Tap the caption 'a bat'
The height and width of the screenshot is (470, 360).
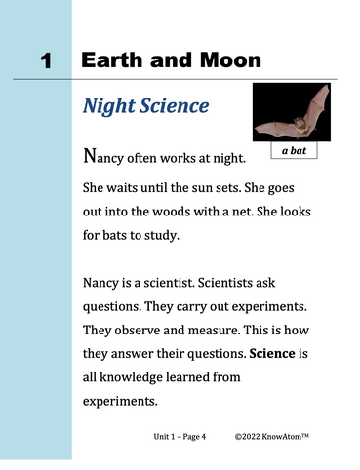coord(294,152)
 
